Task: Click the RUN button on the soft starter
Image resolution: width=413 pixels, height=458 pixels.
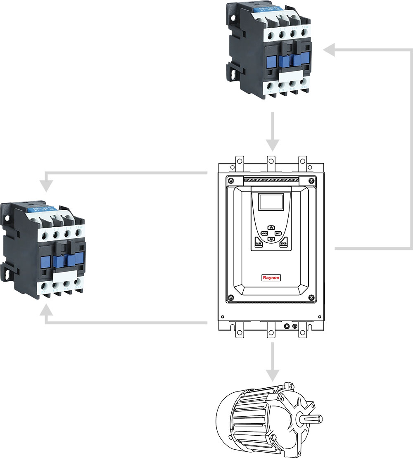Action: (259, 244)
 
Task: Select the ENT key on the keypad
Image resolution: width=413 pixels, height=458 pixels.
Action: (278, 233)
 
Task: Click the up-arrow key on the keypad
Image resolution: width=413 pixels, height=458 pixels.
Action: (271, 227)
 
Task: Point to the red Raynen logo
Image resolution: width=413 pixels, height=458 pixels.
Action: (271, 278)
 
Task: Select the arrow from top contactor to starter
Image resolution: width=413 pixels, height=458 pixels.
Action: (271, 132)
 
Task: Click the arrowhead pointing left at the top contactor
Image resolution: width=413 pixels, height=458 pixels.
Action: (330, 50)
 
